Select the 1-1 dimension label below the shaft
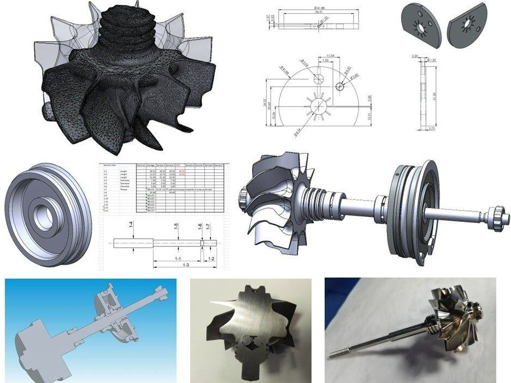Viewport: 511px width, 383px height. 178,257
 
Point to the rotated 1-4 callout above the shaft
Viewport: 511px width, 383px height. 131,225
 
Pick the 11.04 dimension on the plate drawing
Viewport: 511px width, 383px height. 330,56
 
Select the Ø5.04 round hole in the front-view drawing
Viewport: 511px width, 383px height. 320,79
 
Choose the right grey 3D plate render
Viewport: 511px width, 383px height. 468,25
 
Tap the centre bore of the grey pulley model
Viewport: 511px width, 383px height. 43,210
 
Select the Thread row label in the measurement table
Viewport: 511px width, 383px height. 124,189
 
